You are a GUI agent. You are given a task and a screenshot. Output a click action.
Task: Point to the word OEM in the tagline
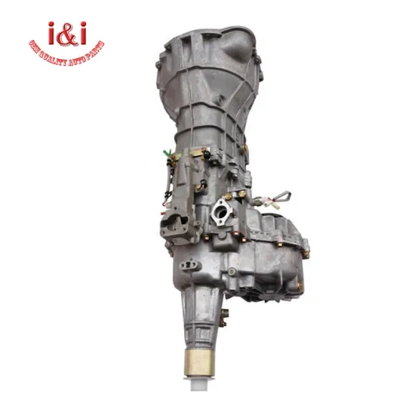[37, 46]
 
